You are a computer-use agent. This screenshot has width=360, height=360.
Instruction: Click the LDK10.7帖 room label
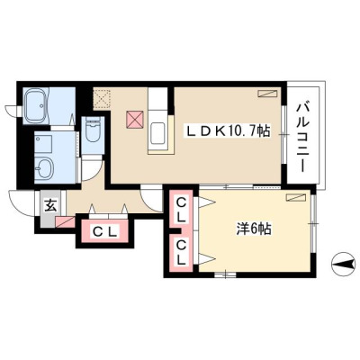[x=229, y=131]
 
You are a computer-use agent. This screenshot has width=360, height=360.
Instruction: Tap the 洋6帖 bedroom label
[x=254, y=229]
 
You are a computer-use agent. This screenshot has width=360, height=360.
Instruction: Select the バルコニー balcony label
[x=301, y=138]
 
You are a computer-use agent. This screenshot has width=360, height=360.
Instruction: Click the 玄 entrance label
[x=50, y=206]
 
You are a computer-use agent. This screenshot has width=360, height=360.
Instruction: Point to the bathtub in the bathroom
[x=36, y=106]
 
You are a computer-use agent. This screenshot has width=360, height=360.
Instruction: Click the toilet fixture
[x=93, y=131]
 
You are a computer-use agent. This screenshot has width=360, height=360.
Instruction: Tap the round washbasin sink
[x=43, y=168]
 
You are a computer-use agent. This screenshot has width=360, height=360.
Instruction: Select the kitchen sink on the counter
[x=157, y=133]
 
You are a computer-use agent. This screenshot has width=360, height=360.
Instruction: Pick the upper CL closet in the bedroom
[x=181, y=210]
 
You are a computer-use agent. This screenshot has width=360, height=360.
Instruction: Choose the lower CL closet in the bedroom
[x=181, y=253]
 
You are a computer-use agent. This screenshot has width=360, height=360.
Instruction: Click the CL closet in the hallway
[x=103, y=231]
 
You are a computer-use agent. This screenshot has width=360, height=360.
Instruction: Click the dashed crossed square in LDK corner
[x=102, y=99]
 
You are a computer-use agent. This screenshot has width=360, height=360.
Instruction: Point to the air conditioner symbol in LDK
[x=267, y=94]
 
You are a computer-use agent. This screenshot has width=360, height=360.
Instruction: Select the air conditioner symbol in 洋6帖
[x=295, y=197]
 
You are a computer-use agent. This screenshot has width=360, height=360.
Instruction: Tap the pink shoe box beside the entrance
[x=66, y=222]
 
